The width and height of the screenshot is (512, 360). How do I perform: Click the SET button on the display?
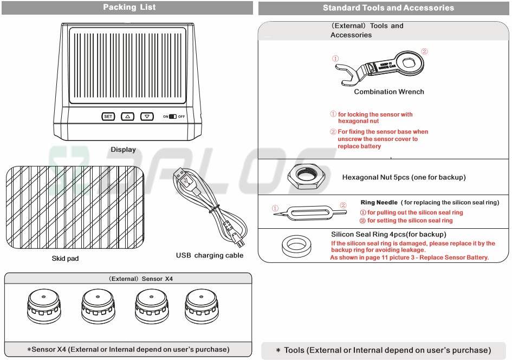pos(108,117)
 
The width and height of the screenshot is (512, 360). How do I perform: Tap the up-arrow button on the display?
pos(127,117)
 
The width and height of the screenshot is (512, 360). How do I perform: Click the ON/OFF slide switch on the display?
pos(173,117)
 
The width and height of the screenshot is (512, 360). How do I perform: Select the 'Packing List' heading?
pos(129,7)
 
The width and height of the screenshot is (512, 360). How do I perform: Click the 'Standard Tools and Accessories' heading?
pos(388,8)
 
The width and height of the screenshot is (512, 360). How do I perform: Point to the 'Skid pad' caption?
pos(65,259)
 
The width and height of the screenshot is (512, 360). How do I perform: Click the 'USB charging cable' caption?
pos(210,255)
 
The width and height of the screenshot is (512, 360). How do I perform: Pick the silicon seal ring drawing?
pos(296,245)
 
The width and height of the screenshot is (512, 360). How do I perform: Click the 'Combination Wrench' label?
pos(389,92)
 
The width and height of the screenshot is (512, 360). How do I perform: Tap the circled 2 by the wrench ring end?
pos(424,52)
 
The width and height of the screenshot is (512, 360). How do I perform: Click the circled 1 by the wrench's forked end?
pos(335,59)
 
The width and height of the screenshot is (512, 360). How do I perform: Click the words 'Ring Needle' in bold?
pos(379,203)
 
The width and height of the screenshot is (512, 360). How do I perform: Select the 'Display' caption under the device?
pos(124,150)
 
